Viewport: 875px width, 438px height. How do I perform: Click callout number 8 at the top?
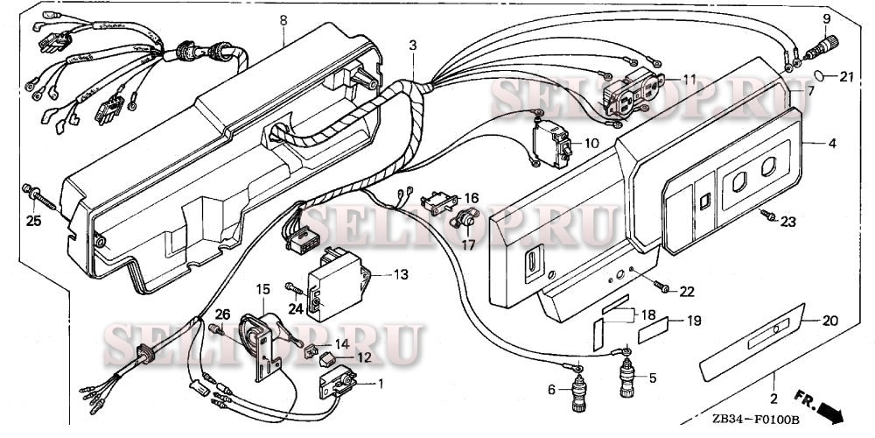(x=283, y=19)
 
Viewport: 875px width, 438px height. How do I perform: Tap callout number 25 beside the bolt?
(x=32, y=221)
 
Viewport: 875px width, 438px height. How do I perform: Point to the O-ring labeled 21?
(x=823, y=76)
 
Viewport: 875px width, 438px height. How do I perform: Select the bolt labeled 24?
(x=291, y=286)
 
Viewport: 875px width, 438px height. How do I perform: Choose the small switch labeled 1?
(x=339, y=382)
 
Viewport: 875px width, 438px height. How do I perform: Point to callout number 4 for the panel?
(x=832, y=143)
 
